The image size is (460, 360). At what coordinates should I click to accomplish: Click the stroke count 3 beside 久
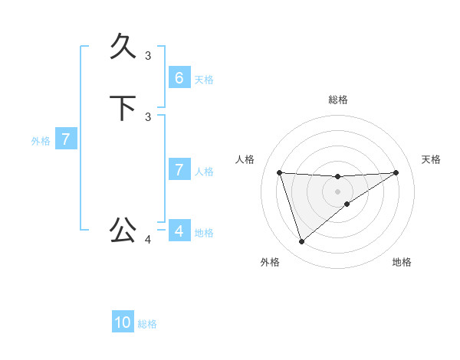[x=148, y=55]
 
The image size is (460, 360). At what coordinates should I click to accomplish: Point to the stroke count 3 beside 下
[x=148, y=116]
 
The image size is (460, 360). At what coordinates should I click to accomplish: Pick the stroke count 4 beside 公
[x=148, y=240]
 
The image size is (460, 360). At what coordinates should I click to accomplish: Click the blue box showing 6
[x=179, y=77]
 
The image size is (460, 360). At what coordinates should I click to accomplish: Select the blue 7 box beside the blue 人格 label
[x=179, y=170]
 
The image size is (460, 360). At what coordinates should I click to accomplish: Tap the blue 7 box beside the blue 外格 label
[x=66, y=139]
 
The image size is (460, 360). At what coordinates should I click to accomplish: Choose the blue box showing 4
[x=179, y=231]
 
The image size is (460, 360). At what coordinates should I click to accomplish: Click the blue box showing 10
[x=123, y=322]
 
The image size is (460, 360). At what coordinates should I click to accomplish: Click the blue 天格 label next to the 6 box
[x=204, y=79]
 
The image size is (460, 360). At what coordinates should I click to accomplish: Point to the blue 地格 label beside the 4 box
[x=204, y=233]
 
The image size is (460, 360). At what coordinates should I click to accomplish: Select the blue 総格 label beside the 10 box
[x=147, y=324]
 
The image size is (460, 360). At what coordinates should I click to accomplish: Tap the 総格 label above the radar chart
[x=337, y=100]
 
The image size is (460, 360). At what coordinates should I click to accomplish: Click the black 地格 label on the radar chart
[x=402, y=262]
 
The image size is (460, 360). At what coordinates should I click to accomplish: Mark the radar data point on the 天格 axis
[x=396, y=172]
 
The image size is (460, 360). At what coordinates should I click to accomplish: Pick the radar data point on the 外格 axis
[x=301, y=242]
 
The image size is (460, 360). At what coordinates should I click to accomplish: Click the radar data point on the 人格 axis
[x=279, y=172]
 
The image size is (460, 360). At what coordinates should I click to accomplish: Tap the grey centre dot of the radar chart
[x=337, y=191]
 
